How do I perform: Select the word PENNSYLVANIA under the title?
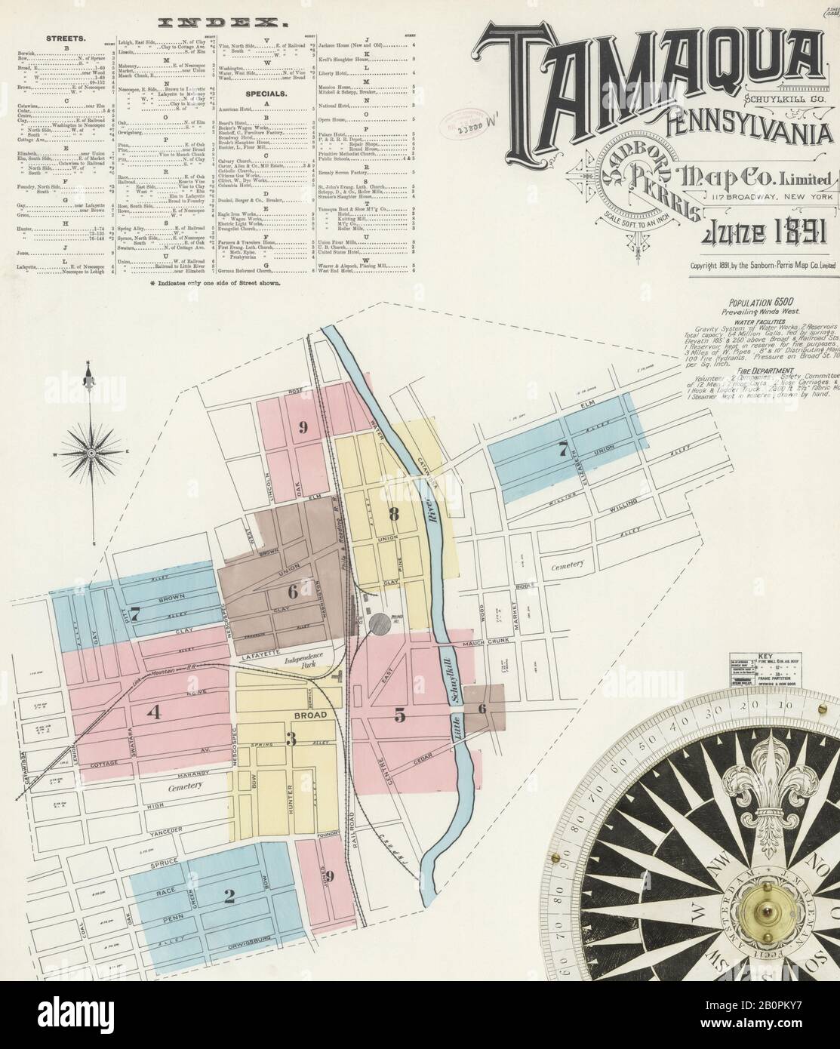click(x=747, y=128)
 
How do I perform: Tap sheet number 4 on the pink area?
click(x=155, y=712)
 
